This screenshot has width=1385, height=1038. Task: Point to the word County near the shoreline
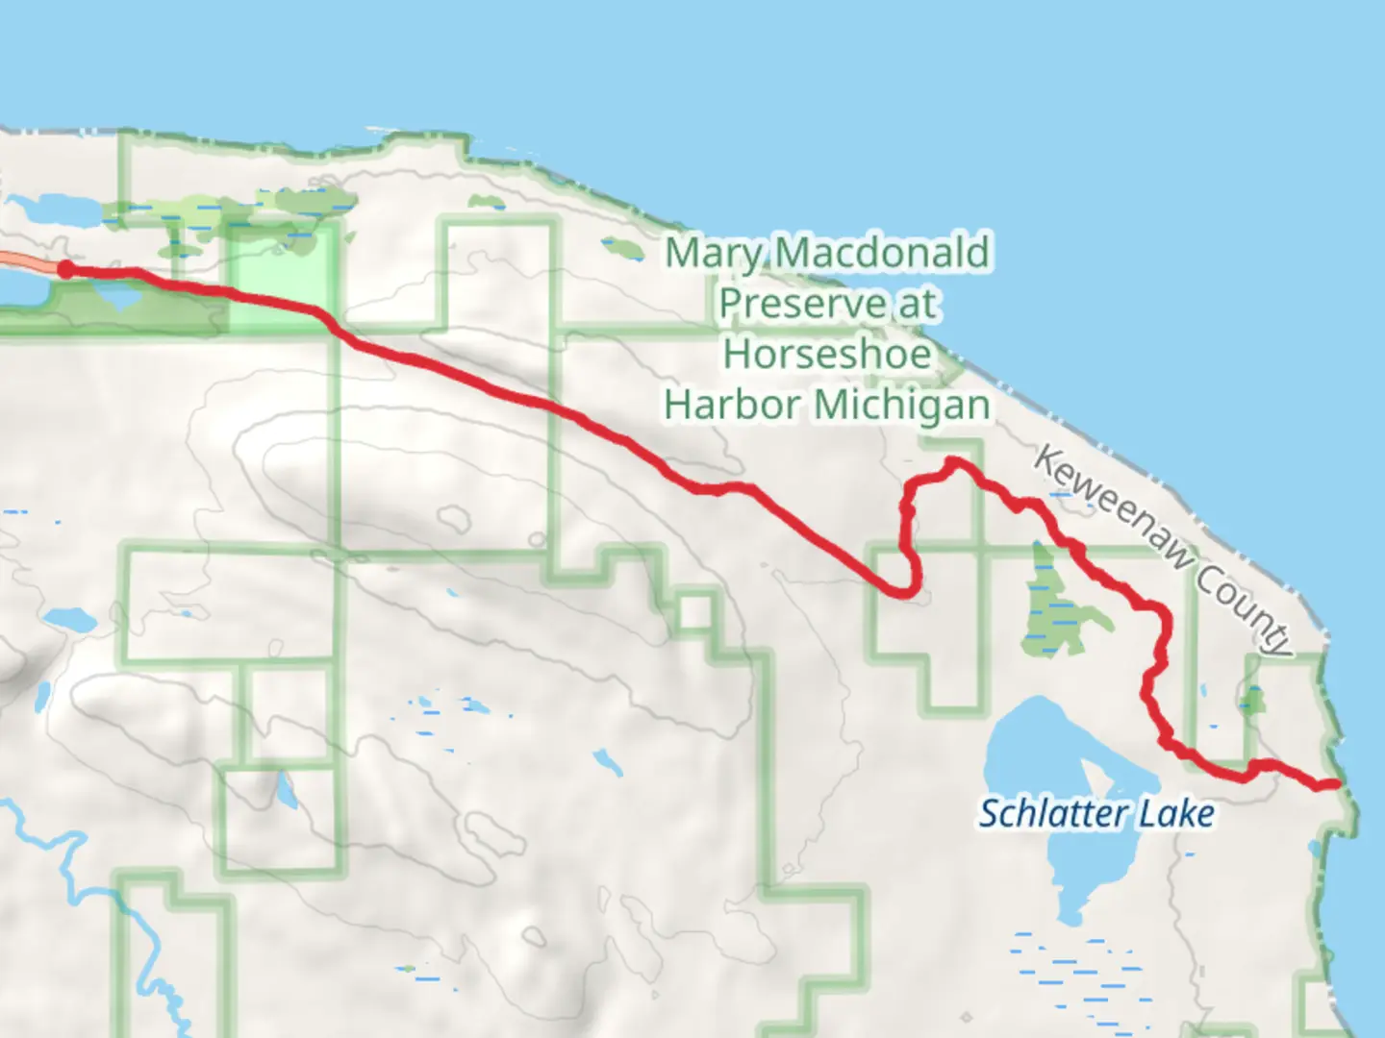(1245, 607)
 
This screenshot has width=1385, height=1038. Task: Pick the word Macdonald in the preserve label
(882, 253)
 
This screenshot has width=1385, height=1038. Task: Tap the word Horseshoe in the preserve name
(827, 354)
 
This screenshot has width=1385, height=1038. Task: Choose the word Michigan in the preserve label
(902, 405)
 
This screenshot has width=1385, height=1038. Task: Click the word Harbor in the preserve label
(733, 405)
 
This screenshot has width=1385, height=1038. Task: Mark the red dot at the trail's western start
(64, 269)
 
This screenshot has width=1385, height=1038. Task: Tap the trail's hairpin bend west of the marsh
(909, 591)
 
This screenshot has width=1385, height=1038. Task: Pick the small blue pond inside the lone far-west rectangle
(286, 790)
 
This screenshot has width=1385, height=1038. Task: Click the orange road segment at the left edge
(24, 261)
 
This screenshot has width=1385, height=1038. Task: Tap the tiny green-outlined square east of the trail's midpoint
(695, 612)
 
